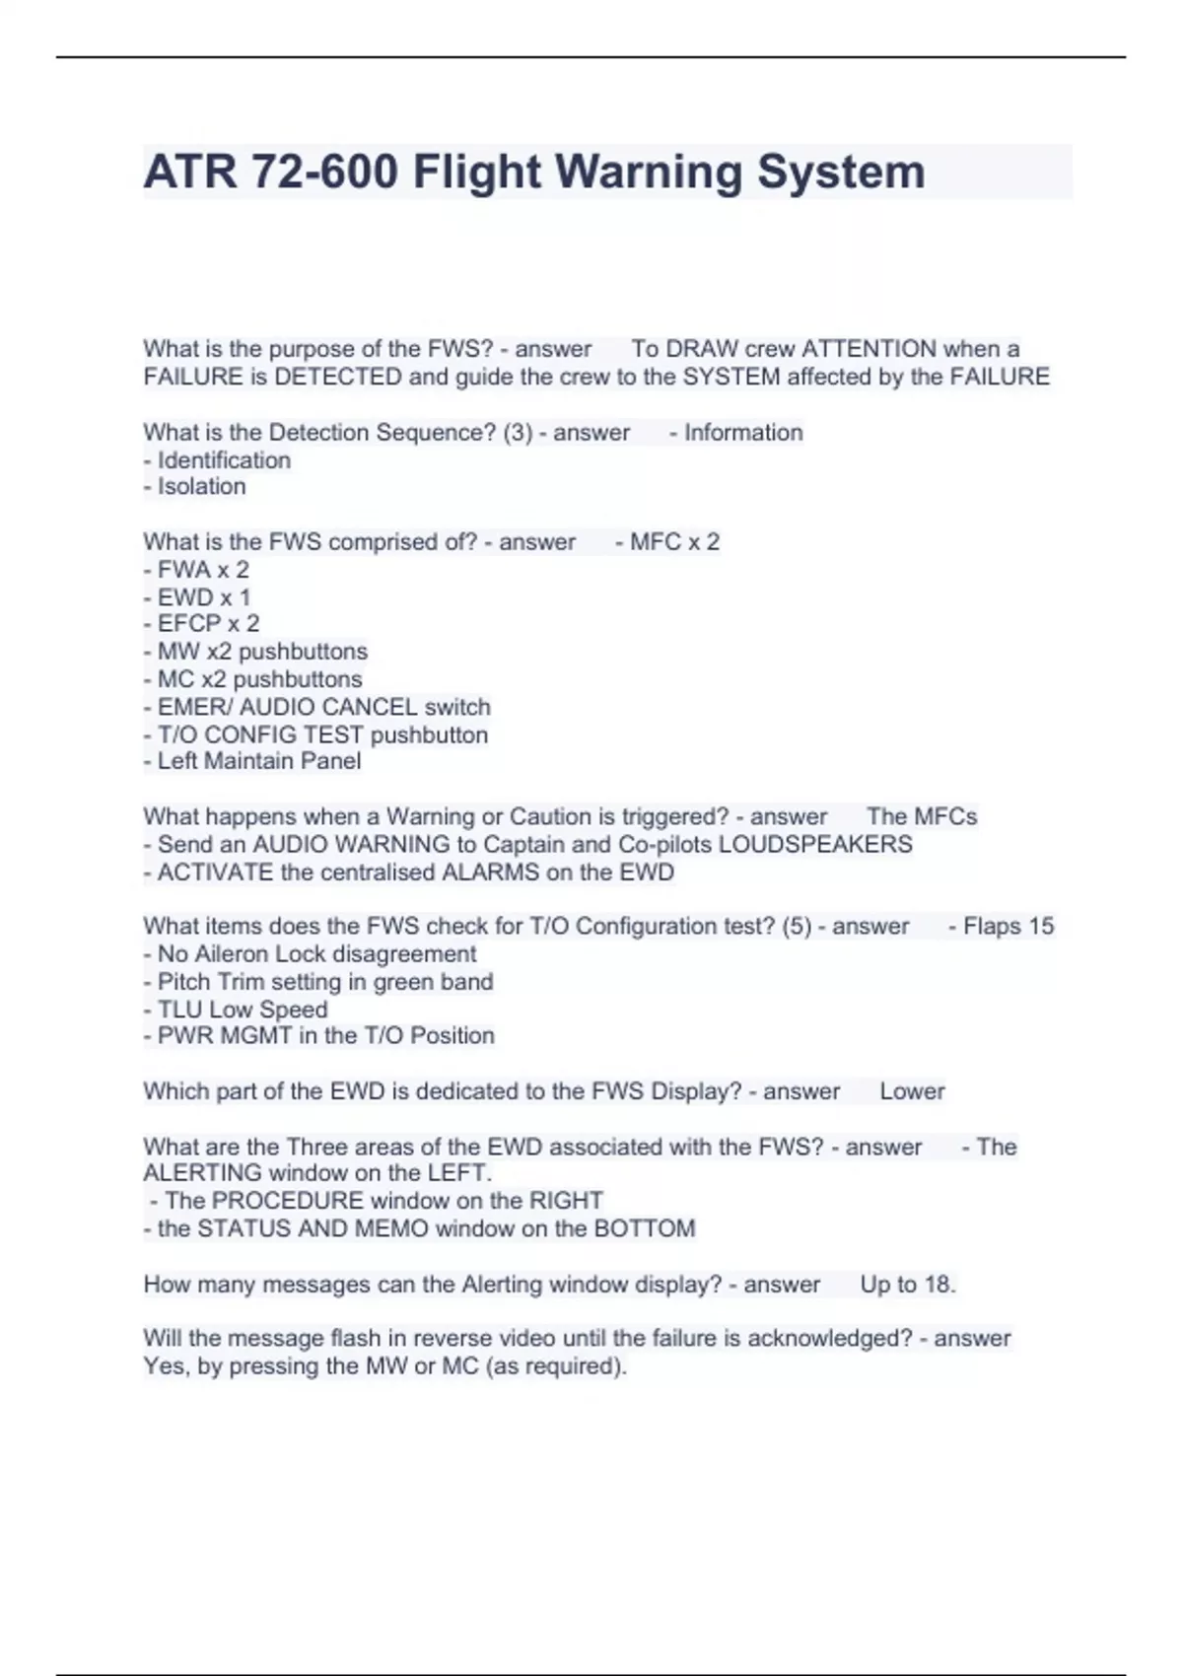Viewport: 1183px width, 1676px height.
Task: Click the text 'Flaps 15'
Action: (x=1008, y=927)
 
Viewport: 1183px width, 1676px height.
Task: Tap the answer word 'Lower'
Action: (x=912, y=1091)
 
